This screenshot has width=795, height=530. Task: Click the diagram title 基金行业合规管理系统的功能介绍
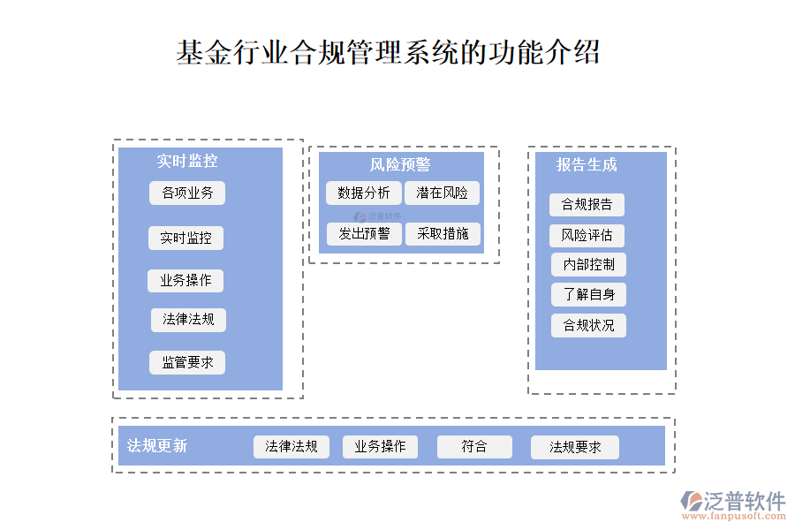pos(389,52)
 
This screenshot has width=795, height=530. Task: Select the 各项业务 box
pos(187,193)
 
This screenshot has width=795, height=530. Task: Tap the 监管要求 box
pos(187,362)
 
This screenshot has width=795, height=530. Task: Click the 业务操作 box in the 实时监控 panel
pos(185,281)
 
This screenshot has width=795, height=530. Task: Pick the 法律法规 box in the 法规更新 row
pos(291,447)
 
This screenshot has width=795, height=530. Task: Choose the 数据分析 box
pos(364,193)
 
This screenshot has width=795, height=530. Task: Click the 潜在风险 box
pos(443,193)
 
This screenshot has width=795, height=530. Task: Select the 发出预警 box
pos(364,234)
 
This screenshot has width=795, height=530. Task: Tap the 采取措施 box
pos(443,234)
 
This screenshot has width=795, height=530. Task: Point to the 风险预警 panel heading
pos(400,165)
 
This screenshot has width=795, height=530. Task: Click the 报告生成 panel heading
pos(587,165)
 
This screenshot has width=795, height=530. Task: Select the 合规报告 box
pos(587,205)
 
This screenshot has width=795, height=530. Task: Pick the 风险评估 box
pos(587,236)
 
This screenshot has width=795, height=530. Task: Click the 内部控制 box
pos(588,264)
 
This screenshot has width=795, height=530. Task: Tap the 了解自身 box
pos(588,294)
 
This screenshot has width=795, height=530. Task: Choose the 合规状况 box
pos(588,325)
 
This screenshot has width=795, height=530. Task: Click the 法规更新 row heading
pos(157,446)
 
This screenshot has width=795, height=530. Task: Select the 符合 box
pos(474,447)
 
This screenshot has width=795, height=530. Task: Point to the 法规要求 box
pos(575,448)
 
